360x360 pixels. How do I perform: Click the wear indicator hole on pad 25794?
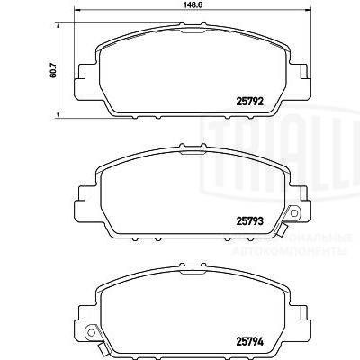pos(90,336)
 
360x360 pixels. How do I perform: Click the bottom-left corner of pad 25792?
pos(100,115)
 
